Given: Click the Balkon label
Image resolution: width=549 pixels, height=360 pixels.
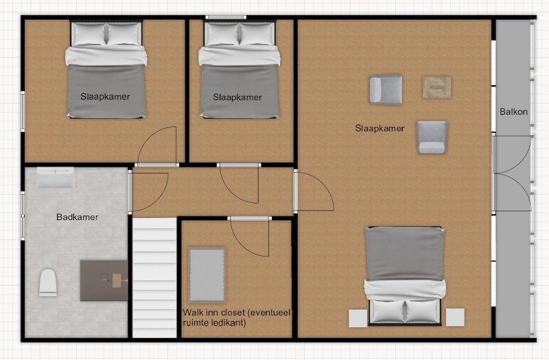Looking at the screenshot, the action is point(513,112).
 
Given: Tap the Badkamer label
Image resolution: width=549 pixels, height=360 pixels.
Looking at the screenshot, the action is point(77,217).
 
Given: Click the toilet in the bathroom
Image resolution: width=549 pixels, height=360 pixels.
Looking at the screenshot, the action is point(48,283).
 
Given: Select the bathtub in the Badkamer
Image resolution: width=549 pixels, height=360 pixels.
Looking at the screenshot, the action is point(56,178).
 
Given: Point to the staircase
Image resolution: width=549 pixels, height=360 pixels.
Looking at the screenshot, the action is point(154,278).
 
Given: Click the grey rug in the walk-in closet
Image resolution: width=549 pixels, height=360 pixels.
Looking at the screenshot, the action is point(207,275).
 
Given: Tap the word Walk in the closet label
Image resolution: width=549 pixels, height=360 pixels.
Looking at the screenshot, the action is point(191,312).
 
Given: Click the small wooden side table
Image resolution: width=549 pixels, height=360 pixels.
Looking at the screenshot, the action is point(436,87).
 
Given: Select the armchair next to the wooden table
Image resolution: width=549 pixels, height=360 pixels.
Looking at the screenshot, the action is point(386,90).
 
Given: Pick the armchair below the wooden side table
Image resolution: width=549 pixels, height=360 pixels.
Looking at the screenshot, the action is point(432,137).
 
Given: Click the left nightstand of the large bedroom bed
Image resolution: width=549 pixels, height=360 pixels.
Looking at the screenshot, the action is point(358,317).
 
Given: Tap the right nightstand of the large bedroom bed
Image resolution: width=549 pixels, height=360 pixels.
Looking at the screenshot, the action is point(455,317).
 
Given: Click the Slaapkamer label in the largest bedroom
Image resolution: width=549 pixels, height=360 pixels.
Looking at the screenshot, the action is point(380,128).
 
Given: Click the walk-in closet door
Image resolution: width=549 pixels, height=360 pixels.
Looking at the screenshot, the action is point(250,237).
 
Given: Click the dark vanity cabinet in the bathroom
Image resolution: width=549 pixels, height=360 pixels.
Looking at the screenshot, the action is point(104,280).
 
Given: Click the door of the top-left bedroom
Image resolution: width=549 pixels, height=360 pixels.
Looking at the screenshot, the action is point(156,146).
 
